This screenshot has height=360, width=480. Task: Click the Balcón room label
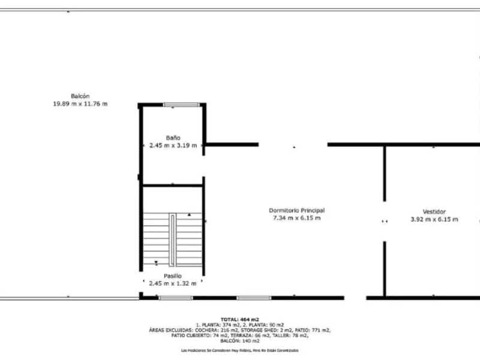80,96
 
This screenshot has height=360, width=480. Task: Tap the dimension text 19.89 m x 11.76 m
80,104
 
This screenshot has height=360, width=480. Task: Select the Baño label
173,137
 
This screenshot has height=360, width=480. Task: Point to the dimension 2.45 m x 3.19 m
173,145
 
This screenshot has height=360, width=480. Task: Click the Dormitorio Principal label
296,211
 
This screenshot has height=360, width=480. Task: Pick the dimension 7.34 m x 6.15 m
296,218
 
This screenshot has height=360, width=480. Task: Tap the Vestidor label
434,211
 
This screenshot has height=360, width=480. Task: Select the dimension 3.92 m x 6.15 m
434,219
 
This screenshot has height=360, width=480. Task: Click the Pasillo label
173,275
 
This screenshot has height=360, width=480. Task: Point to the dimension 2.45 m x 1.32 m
173,283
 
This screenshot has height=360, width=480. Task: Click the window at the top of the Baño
182,106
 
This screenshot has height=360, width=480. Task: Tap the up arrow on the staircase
190,214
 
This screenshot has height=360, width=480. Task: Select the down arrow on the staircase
156,262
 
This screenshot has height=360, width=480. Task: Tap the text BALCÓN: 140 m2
239,340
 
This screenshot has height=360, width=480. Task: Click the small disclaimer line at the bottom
239,350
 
